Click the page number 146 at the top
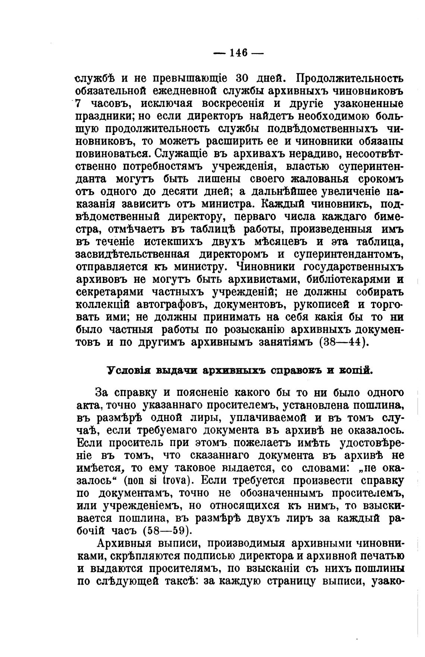pyautogui.click(x=239, y=53)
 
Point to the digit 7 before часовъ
pyautogui.click(x=78, y=104)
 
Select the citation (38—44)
pyautogui.click(x=344, y=342)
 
